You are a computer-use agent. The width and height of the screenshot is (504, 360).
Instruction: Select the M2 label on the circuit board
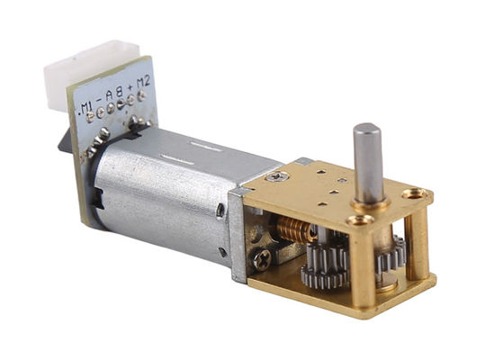pyautogui.click(x=141, y=84)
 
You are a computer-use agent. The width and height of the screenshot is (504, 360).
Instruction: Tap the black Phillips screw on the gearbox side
pyautogui.click(x=262, y=258)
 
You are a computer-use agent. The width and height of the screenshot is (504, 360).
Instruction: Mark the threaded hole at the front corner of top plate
pyautogui.click(x=358, y=220)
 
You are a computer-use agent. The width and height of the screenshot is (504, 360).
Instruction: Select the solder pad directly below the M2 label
pyautogui.click(x=141, y=94)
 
